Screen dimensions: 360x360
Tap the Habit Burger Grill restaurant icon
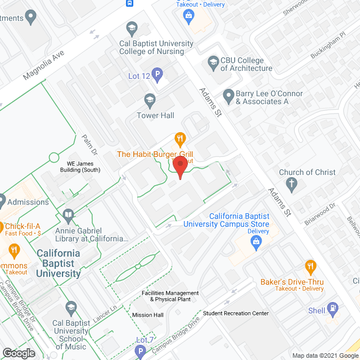(x=180, y=137)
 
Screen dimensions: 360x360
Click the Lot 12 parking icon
(x=158, y=73)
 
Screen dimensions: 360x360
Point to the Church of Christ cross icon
(x=291, y=183)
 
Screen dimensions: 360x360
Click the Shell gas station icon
(x=333, y=308)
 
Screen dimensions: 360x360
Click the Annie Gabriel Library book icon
(x=69, y=215)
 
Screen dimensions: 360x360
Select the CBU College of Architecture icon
(x=213, y=61)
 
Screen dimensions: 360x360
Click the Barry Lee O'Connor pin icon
(x=228, y=96)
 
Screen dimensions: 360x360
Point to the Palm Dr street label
(x=89, y=146)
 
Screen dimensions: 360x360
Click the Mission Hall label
(x=148, y=314)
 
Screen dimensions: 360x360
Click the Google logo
(x=19, y=353)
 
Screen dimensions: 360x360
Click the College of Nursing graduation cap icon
(x=132, y=28)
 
